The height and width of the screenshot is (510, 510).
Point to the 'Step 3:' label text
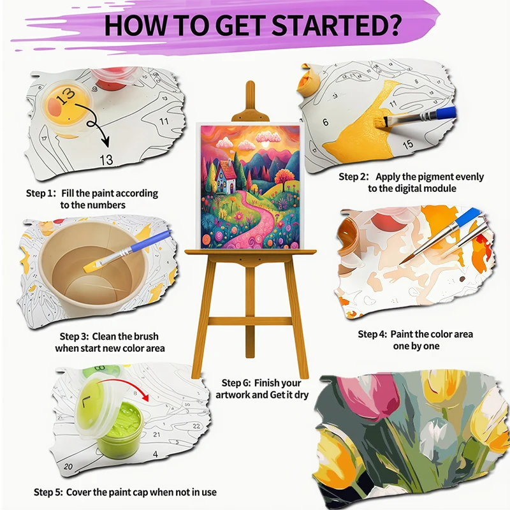pos(75,336)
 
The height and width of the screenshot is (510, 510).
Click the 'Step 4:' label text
pos(373,334)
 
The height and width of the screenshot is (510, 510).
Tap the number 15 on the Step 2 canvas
pos(408,145)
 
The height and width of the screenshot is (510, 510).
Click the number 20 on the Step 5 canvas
pos(68,467)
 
